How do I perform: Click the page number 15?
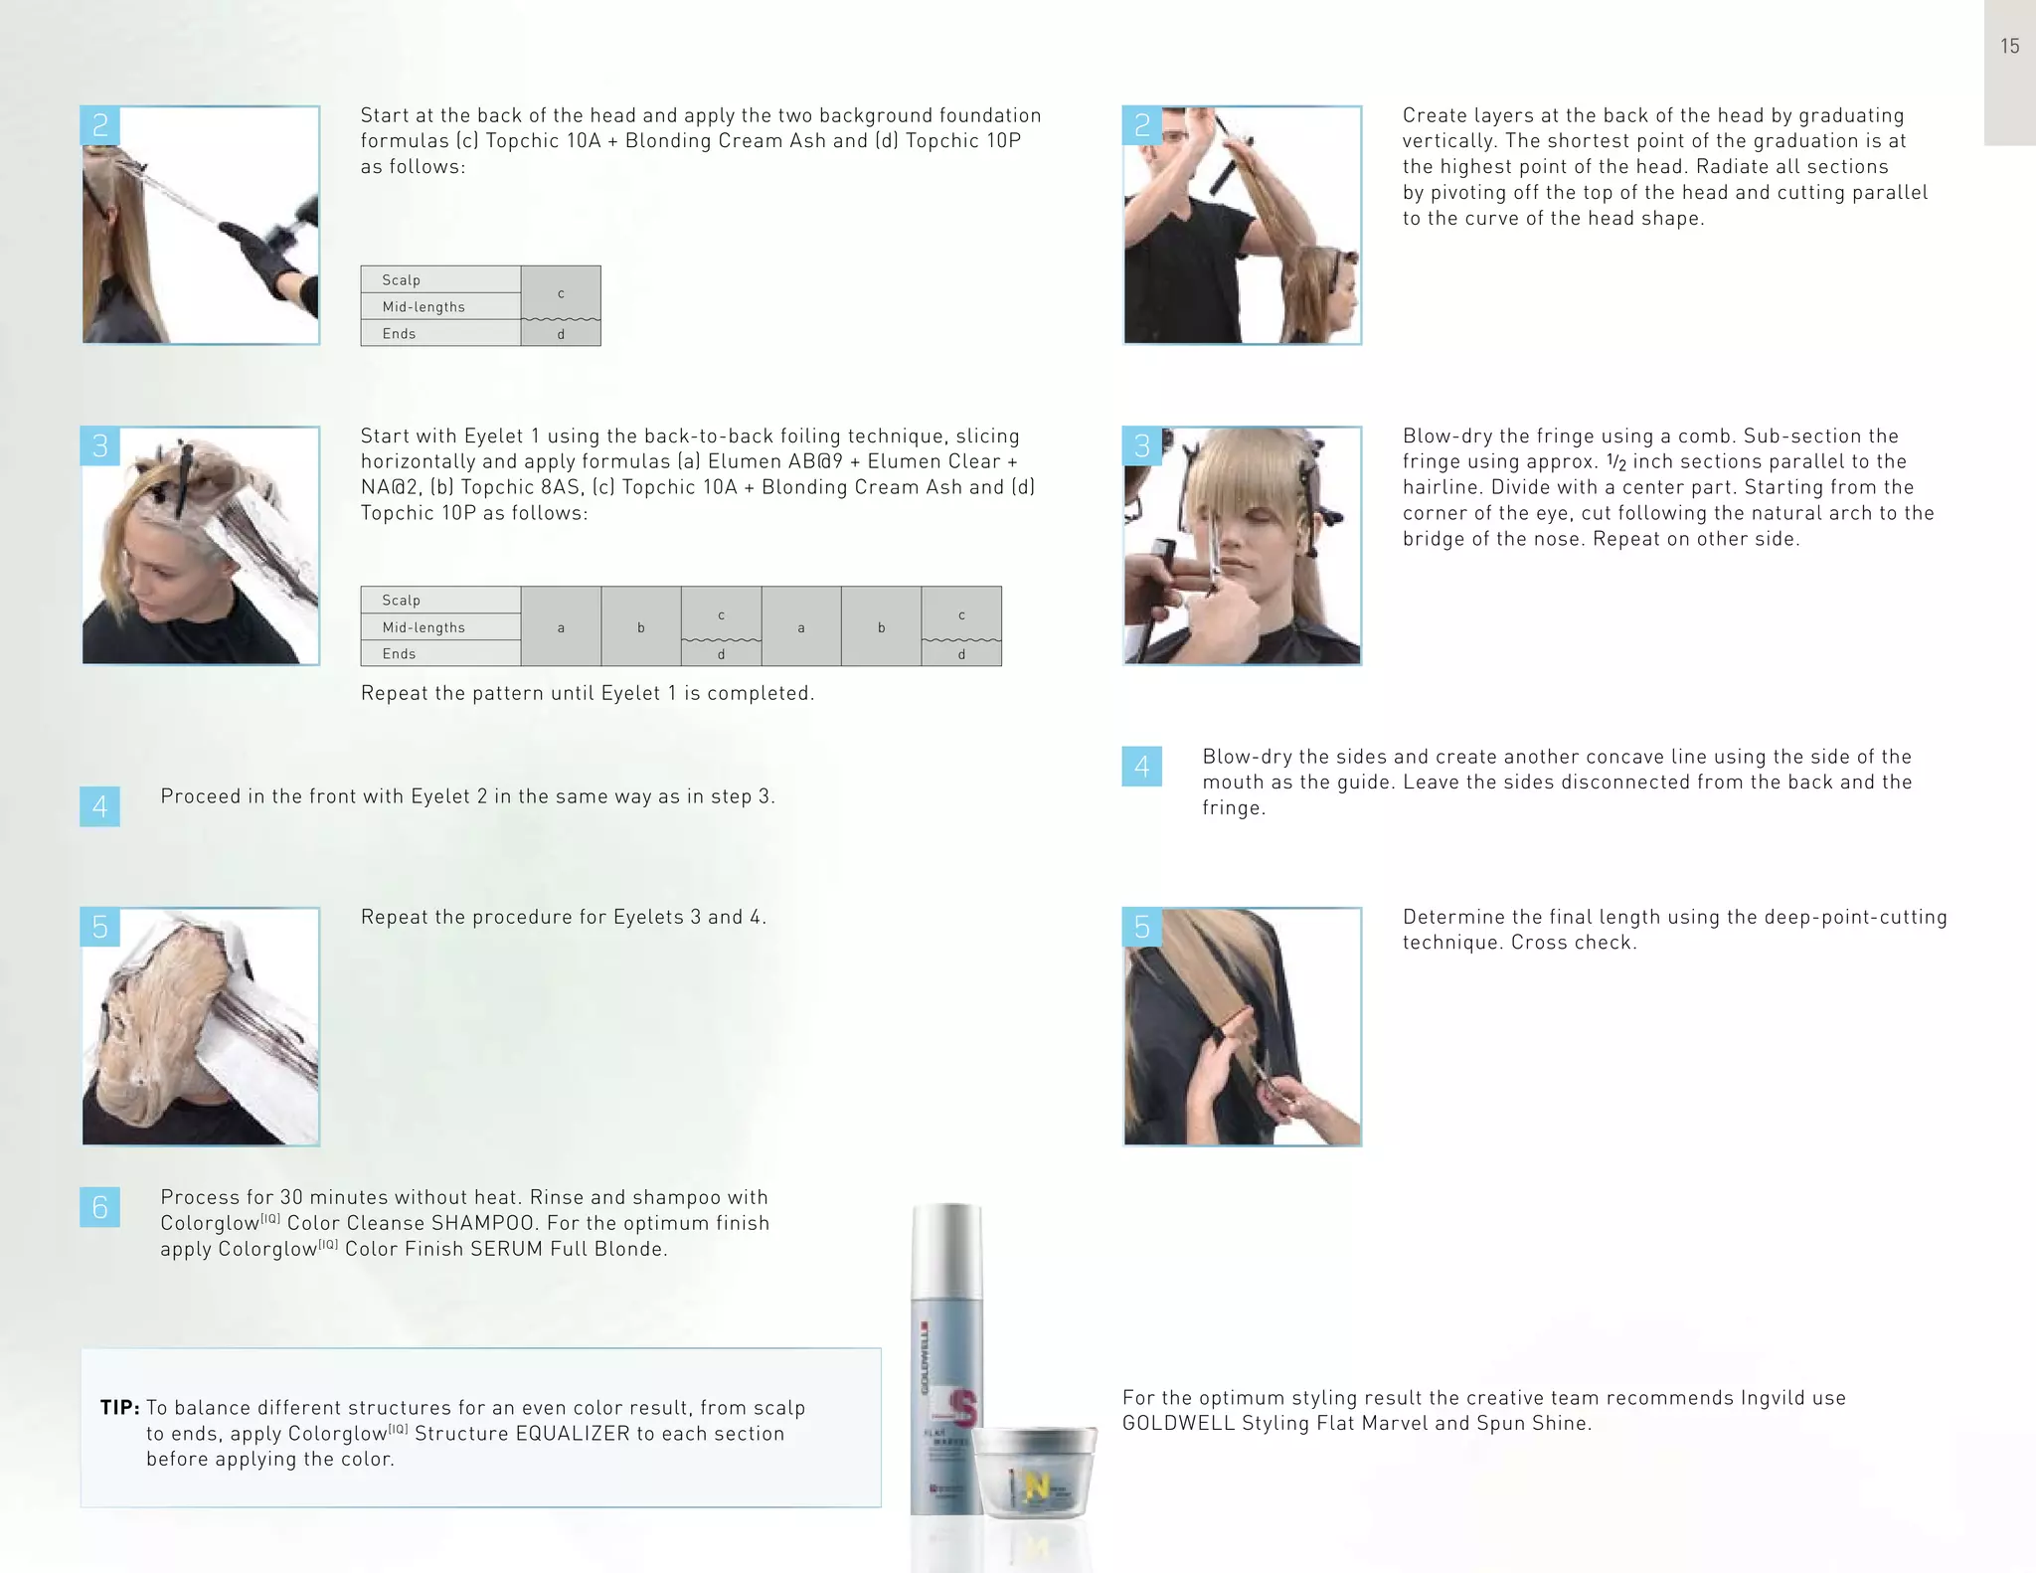[2009, 46]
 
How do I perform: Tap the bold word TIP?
[119, 1408]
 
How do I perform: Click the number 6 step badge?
[99, 1207]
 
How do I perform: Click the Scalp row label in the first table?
[402, 280]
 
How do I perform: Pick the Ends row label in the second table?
[400, 654]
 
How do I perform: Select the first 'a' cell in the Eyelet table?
[561, 627]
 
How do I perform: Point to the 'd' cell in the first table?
[561, 334]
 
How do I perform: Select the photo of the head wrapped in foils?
[201, 1026]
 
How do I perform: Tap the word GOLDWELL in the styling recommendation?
[1178, 1424]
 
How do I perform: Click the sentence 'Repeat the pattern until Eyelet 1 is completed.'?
[588, 693]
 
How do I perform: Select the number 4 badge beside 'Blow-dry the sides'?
[1141, 767]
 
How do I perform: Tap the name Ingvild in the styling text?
[1776, 1398]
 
